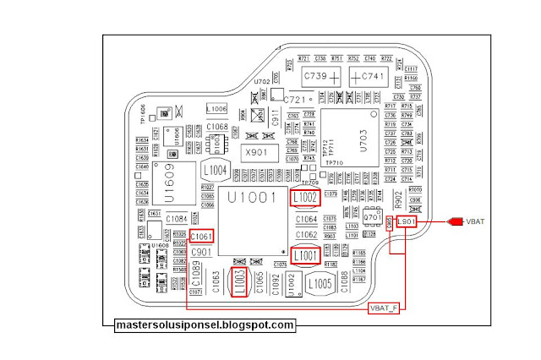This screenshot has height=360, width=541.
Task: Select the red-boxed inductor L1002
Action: click(306, 199)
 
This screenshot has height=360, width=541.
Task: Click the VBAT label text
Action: click(479, 222)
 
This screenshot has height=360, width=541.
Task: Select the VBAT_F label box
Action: click(383, 308)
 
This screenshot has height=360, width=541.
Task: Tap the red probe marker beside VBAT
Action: click(455, 222)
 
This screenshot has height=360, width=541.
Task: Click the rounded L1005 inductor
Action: click(319, 284)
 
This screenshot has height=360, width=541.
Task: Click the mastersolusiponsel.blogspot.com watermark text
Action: click(205, 325)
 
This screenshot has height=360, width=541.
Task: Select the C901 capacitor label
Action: click(201, 252)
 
